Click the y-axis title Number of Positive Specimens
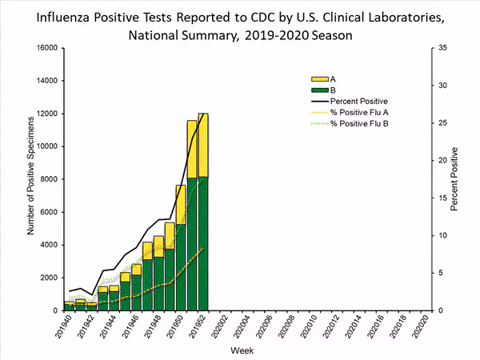point(30,176)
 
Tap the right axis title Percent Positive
point(454,179)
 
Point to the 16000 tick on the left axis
point(45,48)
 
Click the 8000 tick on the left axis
point(47,179)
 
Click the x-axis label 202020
point(425,328)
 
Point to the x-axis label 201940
point(70,328)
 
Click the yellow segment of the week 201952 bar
point(203,144)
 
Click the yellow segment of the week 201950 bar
point(181,204)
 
